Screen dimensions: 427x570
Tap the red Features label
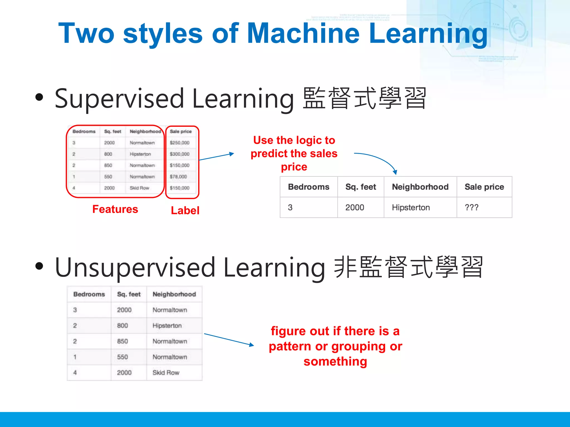(115, 209)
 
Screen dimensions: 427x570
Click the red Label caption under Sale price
(185, 210)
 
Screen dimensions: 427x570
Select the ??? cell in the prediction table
(471, 207)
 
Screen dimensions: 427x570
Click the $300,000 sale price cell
(180, 154)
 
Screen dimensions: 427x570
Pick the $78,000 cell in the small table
(178, 177)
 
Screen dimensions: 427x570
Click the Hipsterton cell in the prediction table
(411, 207)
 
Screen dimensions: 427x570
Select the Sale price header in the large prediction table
(484, 187)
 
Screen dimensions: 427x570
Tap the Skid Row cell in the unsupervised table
(166, 373)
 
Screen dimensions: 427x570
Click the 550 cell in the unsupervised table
(122, 357)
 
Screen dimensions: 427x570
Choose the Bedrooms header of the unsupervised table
(89, 294)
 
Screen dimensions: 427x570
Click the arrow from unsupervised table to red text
(229, 339)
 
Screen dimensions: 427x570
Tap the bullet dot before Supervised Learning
(40, 97)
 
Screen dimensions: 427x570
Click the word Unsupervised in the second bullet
(135, 267)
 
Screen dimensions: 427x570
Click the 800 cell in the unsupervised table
(122, 326)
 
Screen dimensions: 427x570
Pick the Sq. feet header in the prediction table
(360, 187)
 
